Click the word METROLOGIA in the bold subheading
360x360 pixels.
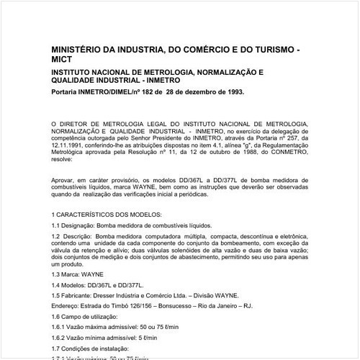click(156, 73)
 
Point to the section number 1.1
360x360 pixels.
click(57, 226)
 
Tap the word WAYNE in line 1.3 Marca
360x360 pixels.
click(96, 274)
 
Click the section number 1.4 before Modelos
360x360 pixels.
click(57, 285)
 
